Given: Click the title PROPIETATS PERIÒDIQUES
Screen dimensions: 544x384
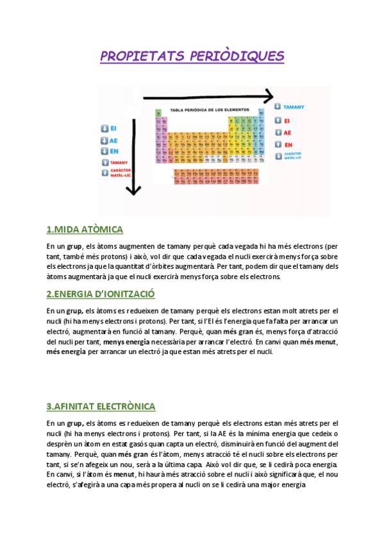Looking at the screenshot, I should tap(192, 56).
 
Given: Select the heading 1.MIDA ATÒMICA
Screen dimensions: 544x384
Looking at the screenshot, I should tap(85, 230).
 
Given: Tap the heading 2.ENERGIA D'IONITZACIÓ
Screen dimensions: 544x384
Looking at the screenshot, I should tap(101, 294).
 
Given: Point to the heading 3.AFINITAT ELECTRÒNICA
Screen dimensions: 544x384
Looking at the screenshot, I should tap(101, 407).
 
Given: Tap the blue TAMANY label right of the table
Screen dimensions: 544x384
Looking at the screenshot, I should tap(293, 106).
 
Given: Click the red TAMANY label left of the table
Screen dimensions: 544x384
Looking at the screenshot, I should tap(120, 163).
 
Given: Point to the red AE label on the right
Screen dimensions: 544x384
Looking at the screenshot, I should tap(287, 133).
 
